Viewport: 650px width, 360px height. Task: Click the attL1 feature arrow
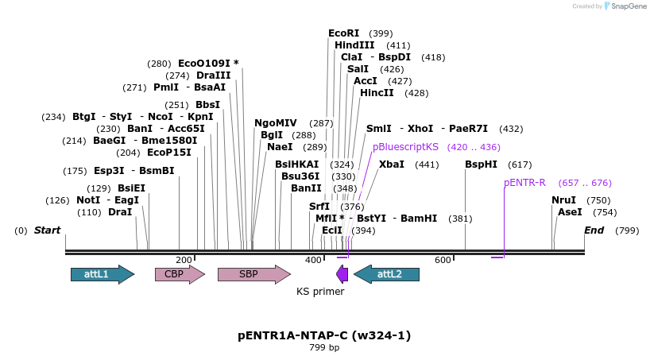[x=102, y=274]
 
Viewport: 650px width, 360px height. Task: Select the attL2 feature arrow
[x=386, y=274]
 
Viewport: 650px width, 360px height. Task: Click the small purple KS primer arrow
[x=342, y=274]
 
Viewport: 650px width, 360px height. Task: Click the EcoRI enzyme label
[x=344, y=33]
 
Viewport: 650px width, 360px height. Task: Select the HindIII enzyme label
[x=354, y=45]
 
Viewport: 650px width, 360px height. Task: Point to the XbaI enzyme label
[x=392, y=164]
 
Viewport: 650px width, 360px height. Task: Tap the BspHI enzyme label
[x=481, y=164]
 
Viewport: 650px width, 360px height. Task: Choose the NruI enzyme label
[x=563, y=200]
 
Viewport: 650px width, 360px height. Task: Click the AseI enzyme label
[x=570, y=212]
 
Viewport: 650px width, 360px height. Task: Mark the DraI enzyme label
[x=120, y=212]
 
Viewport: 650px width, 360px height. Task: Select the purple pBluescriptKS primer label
[x=405, y=147]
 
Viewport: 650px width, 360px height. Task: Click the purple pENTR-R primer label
[x=524, y=182]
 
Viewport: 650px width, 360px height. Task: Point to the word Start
[x=47, y=230]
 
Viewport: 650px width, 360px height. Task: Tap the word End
[x=594, y=230]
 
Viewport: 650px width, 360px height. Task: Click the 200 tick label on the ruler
[x=184, y=260]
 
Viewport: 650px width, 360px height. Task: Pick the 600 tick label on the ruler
[x=443, y=260]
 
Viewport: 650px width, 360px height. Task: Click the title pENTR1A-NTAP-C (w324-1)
[x=324, y=335]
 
